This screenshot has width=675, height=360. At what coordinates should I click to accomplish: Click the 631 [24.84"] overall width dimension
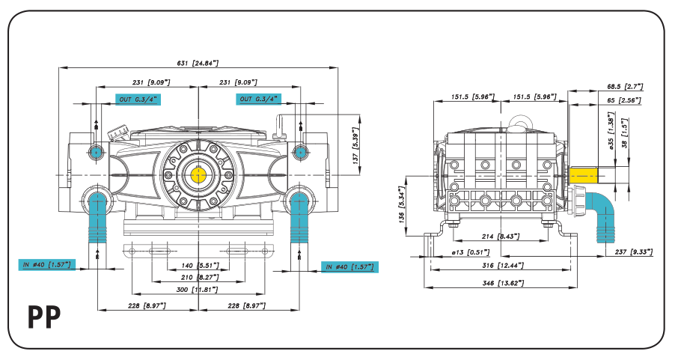[x=198, y=64]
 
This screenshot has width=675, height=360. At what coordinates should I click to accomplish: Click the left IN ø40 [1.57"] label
[x=46, y=264]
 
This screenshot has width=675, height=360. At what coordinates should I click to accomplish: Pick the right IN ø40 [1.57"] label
[x=349, y=266]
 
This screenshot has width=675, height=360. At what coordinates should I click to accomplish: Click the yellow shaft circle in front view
[x=198, y=175]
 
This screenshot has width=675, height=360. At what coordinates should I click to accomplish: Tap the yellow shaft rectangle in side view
[x=584, y=175]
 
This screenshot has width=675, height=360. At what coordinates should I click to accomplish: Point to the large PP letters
[x=44, y=317]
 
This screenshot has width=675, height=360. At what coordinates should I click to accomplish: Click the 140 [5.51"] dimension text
[x=198, y=266]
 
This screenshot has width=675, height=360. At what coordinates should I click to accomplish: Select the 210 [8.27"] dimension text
[x=198, y=278]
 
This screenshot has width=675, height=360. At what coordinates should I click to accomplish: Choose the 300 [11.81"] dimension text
[x=198, y=289]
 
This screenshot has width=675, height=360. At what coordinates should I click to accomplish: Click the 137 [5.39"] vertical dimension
[x=357, y=147]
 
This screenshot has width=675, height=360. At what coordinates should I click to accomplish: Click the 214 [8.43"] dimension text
[x=499, y=237]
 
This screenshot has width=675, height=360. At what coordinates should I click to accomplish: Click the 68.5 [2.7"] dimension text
[x=624, y=87]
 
